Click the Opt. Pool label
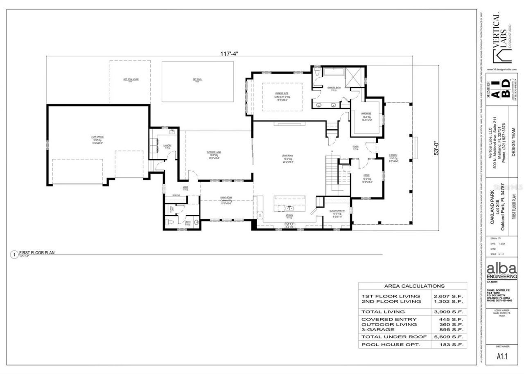click(x=197, y=79)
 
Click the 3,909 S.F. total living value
click(x=448, y=312)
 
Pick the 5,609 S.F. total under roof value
click(x=448, y=337)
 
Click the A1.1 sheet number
click(x=502, y=356)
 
